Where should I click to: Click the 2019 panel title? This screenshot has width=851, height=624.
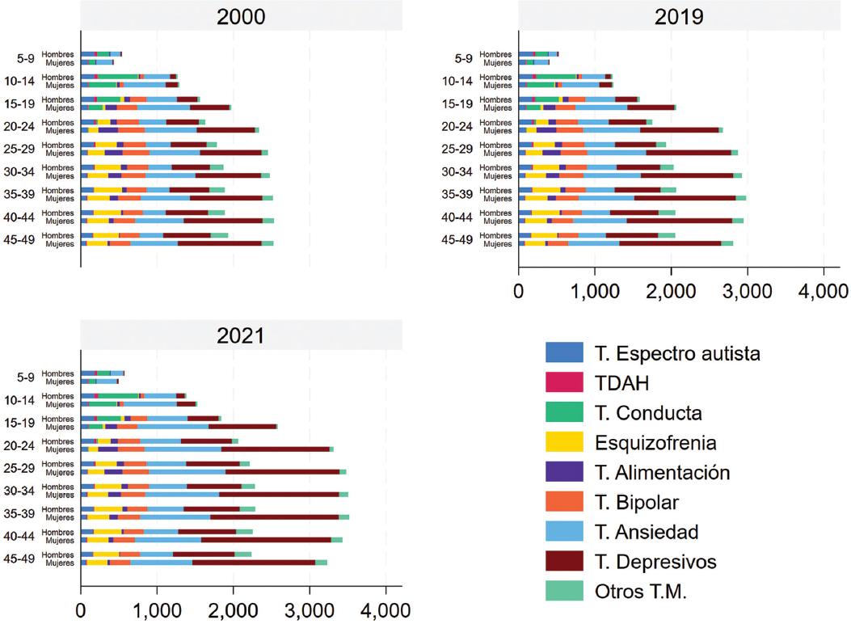point(680,17)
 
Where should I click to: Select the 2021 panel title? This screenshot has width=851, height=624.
point(241,335)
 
